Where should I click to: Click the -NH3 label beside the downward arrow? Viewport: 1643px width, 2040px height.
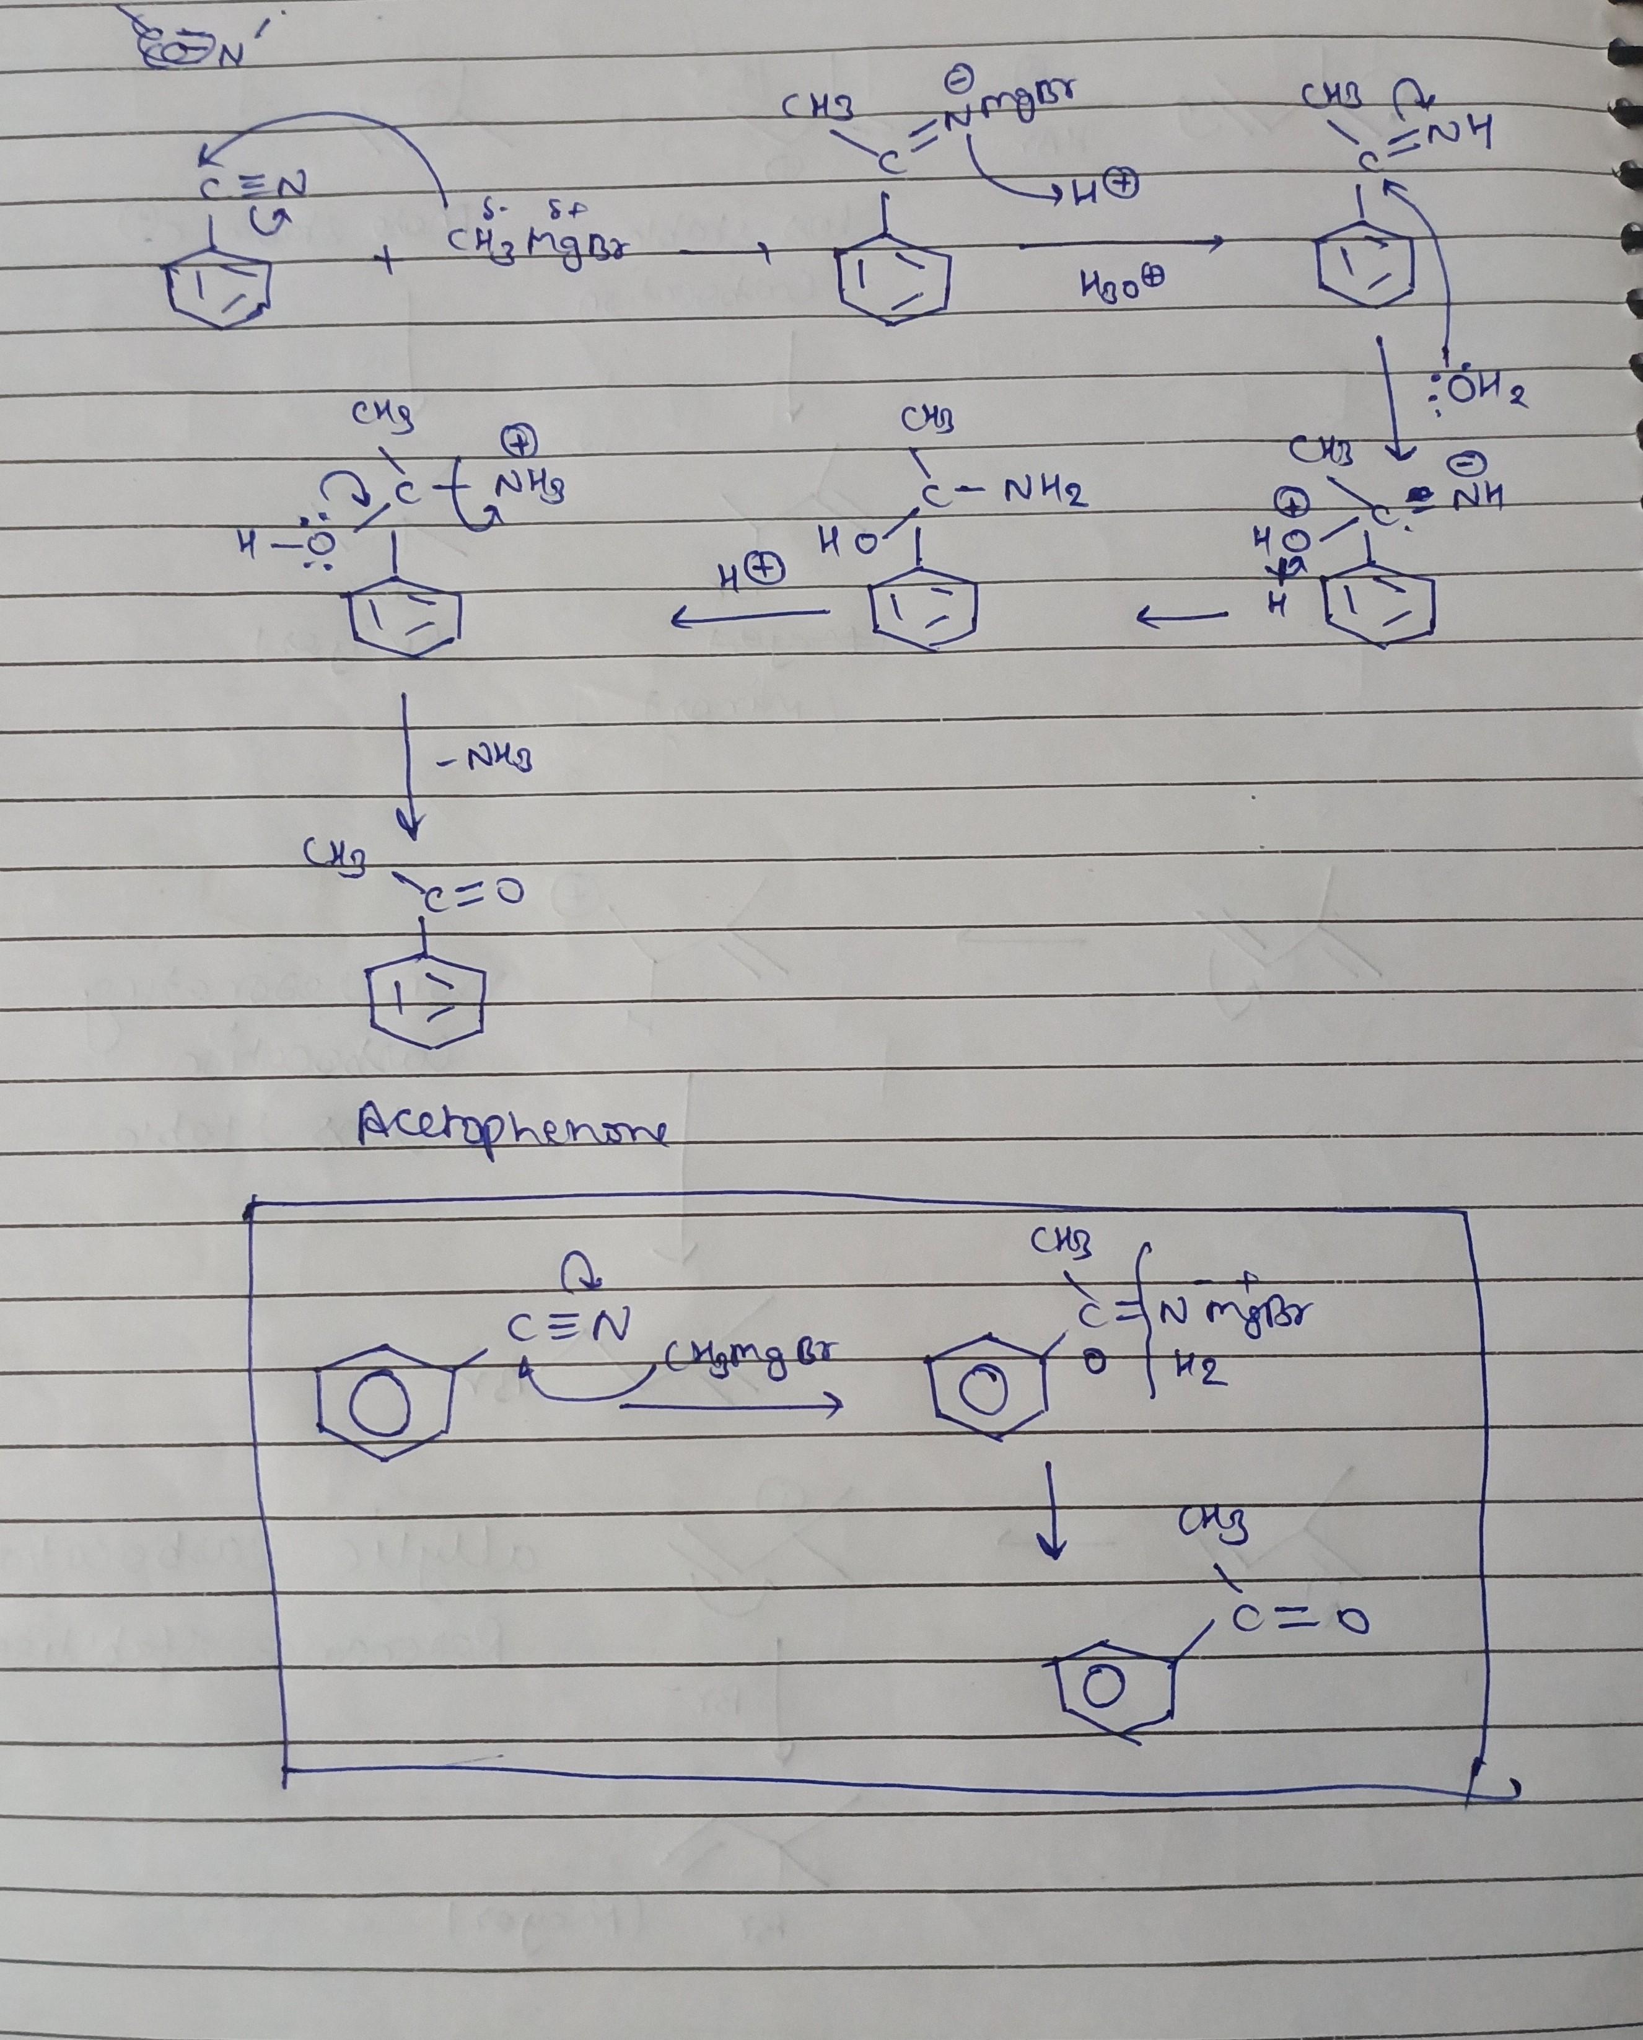(483, 759)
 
